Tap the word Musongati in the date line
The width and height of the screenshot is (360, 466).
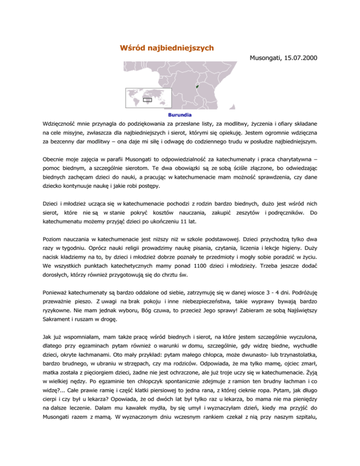click(264, 59)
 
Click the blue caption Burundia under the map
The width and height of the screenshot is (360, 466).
click(180, 114)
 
